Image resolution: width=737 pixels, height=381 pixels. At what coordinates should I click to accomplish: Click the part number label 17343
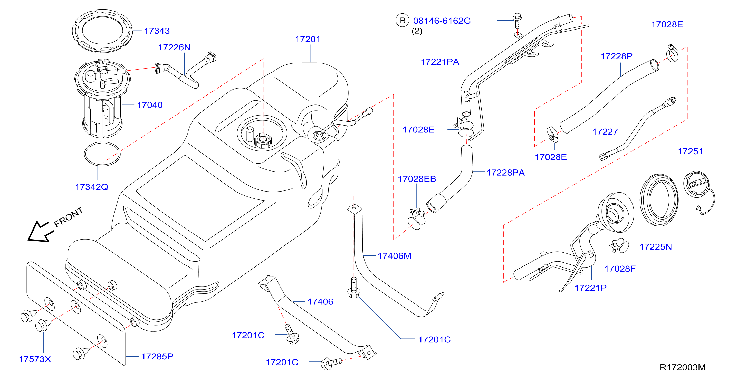[x=157, y=31]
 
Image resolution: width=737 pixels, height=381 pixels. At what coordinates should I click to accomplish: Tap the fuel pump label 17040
[x=150, y=105]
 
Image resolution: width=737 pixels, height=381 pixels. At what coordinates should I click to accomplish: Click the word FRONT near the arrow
[x=69, y=217]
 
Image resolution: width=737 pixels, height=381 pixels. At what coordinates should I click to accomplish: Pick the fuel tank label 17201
[x=308, y=39]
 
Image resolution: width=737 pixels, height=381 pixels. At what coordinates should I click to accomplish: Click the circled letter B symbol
[x=403, y=20]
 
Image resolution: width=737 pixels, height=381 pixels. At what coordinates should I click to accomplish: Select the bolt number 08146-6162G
[x=442, y=21]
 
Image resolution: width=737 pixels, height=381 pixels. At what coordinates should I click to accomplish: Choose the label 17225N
[x=655, y=246]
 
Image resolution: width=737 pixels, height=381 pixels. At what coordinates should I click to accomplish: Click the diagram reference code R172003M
[x=682, y=367]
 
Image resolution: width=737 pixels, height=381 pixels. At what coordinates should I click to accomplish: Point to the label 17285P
[x=157, y=356]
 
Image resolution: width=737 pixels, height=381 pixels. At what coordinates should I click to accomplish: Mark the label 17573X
[x=35, y=359]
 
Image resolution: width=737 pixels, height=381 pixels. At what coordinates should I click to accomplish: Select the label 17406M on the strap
[x=395, y=256]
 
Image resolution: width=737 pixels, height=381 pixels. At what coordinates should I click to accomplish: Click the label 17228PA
[x=505, y=173]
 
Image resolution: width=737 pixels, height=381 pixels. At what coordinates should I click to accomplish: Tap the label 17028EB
[x=417, y=179]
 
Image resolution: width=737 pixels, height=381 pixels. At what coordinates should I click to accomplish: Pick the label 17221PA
[x=440, y=62]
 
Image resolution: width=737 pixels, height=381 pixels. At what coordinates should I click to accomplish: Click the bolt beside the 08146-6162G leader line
[x=517, y=21]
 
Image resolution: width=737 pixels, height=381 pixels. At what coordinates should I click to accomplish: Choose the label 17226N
[x=174, y=47]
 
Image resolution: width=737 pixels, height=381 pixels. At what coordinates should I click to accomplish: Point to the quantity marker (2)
[x=417, y=31]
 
